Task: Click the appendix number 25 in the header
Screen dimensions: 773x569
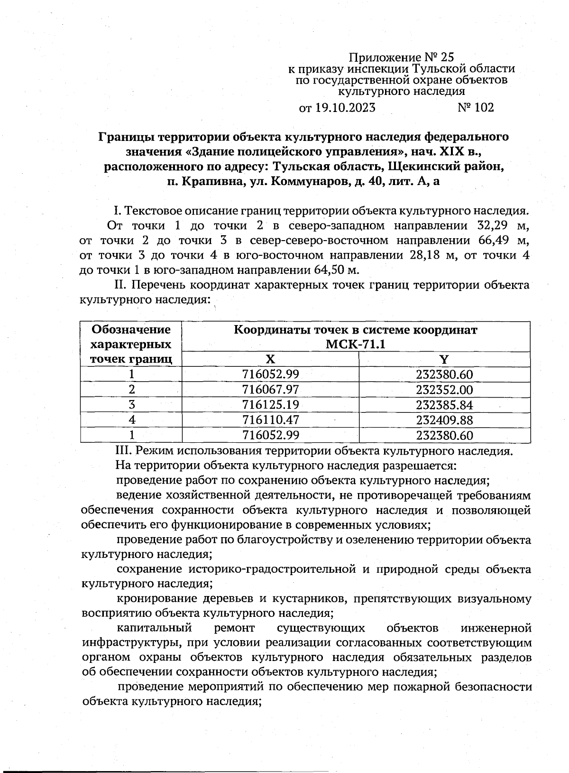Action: tap(447, 57)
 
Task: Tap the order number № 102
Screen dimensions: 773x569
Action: tap(476, 108)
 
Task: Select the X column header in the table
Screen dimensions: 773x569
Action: tap(270, 359)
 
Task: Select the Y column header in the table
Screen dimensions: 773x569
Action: tap(444, 359)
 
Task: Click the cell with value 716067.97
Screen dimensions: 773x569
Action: tap(270, 390)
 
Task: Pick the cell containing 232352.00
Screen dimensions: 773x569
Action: tap(444, 390)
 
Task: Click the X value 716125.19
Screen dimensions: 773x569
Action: tap(270, 405)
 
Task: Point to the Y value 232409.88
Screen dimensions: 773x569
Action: tap(444, 420)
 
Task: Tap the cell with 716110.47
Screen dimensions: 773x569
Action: tap(270, 420)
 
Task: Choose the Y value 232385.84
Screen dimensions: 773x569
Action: tap(444, 405)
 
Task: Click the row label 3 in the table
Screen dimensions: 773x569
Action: tap(132, 405)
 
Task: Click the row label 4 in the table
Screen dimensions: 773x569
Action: tap(132, 420)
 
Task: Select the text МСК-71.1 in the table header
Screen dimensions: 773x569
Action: tap(356, 344)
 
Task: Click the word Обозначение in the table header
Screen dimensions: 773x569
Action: tap(131, 329)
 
